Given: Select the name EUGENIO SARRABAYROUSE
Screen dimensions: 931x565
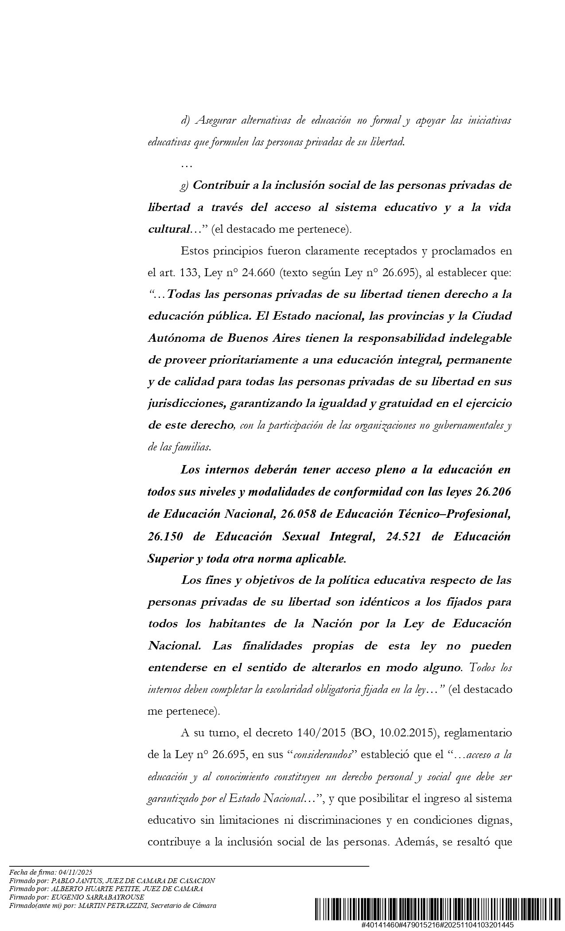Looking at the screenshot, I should (98, 897).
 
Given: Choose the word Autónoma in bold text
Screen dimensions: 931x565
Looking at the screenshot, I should (174, 338).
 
